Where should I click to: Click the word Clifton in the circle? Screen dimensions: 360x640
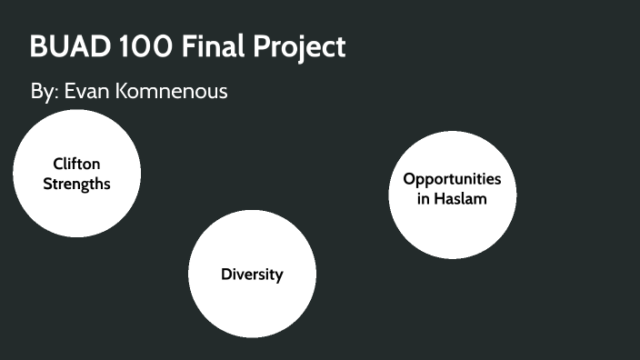(77, 164)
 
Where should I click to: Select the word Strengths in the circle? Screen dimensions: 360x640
(77, 183)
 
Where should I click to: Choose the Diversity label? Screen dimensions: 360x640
(252, 275)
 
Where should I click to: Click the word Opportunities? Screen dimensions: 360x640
(452, 179)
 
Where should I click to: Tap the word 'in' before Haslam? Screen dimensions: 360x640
(424, 198)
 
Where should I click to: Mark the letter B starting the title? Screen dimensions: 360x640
(38, 47)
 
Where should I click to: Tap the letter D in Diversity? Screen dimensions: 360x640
(226, 275)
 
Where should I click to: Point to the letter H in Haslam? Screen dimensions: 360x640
(440, 198)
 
